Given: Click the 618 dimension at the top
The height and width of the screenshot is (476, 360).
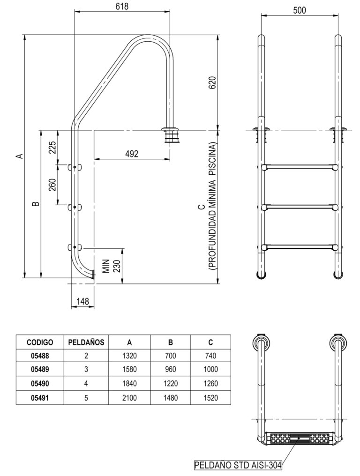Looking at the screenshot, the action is tap(122, 7).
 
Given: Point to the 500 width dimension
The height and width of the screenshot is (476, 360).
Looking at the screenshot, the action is tap(300, 10).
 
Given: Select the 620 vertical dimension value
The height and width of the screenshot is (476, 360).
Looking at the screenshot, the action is tap(212, 82).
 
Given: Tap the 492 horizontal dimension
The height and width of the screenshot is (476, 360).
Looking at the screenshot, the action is tap(132, 154).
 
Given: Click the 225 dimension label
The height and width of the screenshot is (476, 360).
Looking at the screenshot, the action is tap(52, 148).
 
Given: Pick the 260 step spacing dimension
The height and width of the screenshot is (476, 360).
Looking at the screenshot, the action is tap(52, 185).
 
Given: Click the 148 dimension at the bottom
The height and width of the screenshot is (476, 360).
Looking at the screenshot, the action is tap(82, 301).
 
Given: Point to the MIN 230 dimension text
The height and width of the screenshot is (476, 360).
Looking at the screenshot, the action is tap(112, 266).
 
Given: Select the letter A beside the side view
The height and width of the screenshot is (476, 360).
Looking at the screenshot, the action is tap(19, 156).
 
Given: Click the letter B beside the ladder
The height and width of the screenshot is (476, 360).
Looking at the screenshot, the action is tap(36, 204).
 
